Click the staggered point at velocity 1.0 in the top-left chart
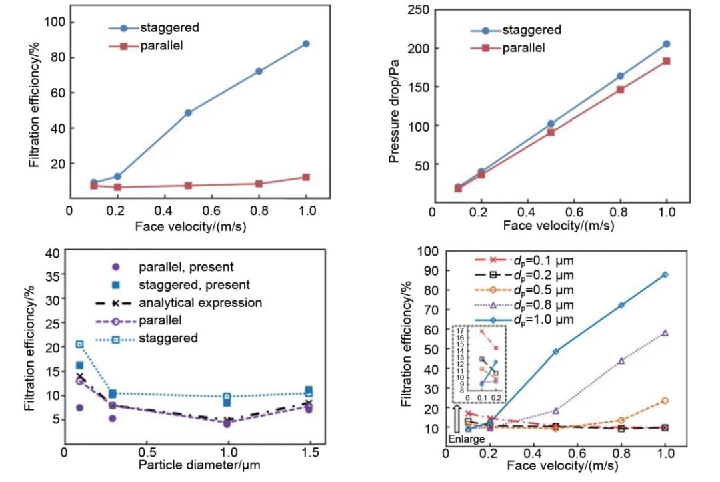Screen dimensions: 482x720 (306, 44)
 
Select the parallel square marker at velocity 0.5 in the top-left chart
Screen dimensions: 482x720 (189, 186)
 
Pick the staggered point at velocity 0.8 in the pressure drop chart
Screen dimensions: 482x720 (619, 77)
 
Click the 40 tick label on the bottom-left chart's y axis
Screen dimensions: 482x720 (51, 253)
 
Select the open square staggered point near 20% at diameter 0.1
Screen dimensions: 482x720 (80, 344)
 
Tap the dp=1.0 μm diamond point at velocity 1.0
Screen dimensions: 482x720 (665, 275)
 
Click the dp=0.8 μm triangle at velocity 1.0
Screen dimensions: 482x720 (665, 333)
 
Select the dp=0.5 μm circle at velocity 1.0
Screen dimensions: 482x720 (665, 401)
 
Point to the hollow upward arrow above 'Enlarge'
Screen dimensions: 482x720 (457, 419)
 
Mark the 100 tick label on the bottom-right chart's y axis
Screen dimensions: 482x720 (427, 251)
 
